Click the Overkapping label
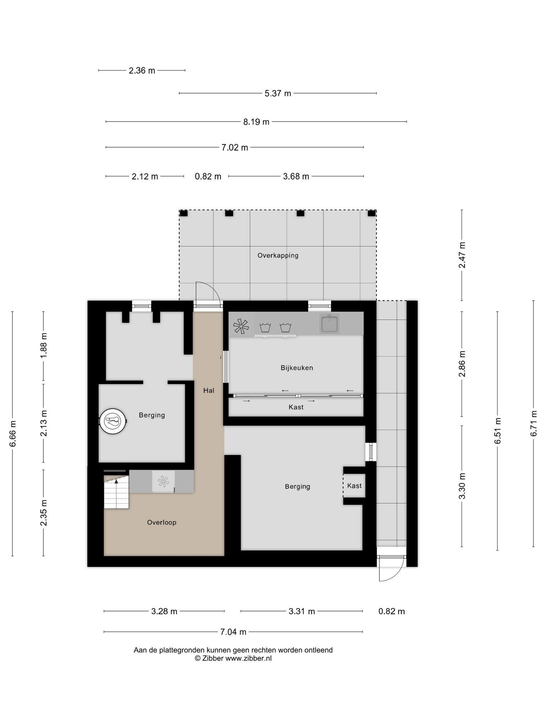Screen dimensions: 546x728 [278, 255]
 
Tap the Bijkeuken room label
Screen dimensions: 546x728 [297, 368]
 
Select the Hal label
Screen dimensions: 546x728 [209, 390]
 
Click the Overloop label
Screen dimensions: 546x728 [162, 522]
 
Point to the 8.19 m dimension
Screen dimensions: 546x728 [256, 122]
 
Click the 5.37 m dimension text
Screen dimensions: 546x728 [278, 93]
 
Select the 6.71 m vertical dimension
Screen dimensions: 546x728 [534, 423]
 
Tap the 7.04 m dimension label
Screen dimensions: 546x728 [233, 632]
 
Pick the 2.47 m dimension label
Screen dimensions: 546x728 [462, 255]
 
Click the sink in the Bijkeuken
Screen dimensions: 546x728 [329, 323]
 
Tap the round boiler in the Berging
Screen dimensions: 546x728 [113, 421]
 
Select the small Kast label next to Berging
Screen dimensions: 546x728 [354, 486]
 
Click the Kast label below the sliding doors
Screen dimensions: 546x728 [296, 407]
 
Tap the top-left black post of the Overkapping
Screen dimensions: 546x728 [183, 213]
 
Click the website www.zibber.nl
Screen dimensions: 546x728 [248, 658]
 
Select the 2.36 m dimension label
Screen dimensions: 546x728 [142, 71]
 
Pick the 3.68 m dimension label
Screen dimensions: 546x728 [296, 176]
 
